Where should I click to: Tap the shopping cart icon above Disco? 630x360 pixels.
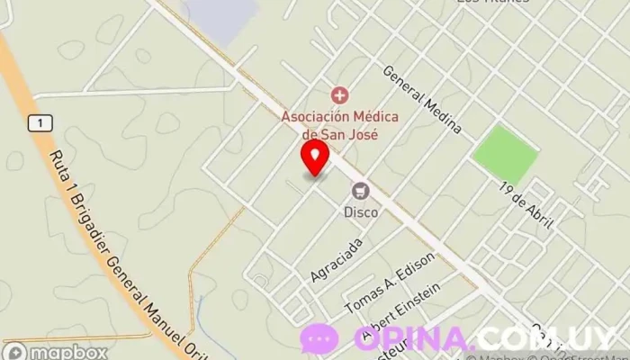point(361,190)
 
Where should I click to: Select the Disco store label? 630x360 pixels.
point(361,213)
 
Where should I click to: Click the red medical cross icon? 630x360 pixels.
point(339,94)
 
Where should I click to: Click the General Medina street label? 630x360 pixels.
point(422,100)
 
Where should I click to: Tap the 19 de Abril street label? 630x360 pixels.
point(527,204)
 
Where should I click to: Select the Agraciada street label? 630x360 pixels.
point(337,259)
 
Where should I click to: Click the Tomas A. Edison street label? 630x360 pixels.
point(390,283)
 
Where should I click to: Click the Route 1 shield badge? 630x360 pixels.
point(37,122)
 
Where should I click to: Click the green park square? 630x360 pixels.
point(505,154)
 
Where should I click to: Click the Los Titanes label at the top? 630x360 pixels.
point(493,3)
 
